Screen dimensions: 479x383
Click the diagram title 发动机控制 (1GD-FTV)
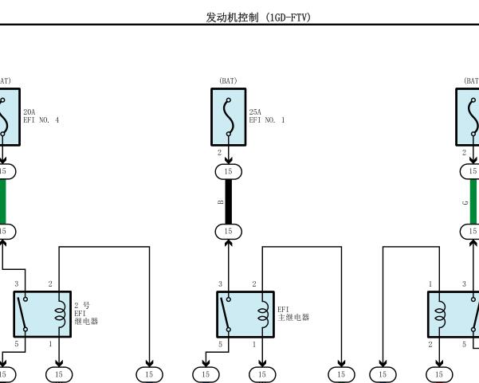[x=258, y=17]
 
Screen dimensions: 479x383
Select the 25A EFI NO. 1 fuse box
[x=229, y=117]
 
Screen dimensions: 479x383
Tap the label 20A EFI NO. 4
[x=41, y=116]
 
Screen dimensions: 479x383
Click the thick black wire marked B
[x=229, y=201]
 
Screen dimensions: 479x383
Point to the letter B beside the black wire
[x=221, y=201]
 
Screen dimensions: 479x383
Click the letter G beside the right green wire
[x=465, y=202]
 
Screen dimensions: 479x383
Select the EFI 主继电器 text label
[x=293, y=314]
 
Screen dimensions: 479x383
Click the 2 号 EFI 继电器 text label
[x=86, y=314]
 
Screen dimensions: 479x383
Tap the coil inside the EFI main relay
[x=264, y=315]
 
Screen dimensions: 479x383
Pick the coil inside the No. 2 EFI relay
[x=61, y=315]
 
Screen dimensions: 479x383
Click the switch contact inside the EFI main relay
[x=225, y=314]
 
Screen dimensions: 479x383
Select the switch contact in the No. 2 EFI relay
[x=22, y=314]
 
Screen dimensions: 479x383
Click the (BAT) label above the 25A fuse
[x=228, y=81]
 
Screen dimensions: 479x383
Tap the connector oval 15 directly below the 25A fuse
[x=229, y=171]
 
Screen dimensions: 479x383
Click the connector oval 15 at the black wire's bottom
[x=229, y=232]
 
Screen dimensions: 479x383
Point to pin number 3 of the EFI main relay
[x=220, y=284]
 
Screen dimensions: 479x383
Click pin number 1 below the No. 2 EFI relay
[x=50, y=344]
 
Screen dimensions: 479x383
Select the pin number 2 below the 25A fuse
[x=219, y=153]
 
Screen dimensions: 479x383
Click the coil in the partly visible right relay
[x=440, y=315]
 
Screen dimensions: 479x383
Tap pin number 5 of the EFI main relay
[x=220, y=344]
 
